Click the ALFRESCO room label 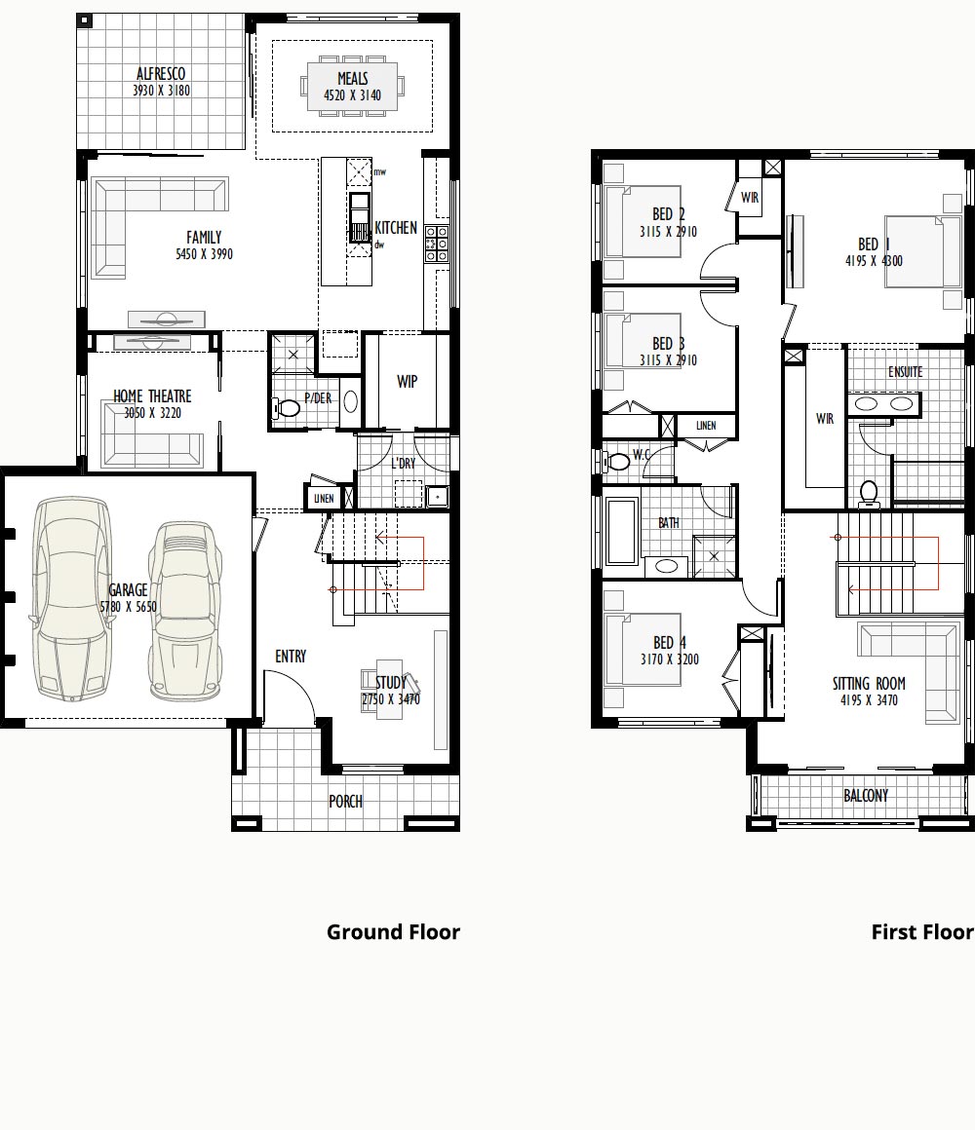coord(161,73)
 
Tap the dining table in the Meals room coord(353,87)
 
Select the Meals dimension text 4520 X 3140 coord(353,95)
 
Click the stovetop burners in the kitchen coord(436,244)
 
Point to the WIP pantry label coord(407,381)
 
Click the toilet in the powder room coord(287,408)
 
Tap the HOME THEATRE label coord(152,396)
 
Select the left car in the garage coord(71,598)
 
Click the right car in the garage coord(185,610)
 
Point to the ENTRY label coord(291,657)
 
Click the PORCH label coord(345,802)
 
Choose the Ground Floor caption coord(393,932)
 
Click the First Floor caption coord(922,932)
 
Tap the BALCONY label coord(866,796)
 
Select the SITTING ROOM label coord(869,684)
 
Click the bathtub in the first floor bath coord(622,531)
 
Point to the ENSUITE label coord(905,372)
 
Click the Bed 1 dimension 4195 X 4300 coord(874,261)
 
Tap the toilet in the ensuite coord(869,495)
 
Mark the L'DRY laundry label coord(403,464)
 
